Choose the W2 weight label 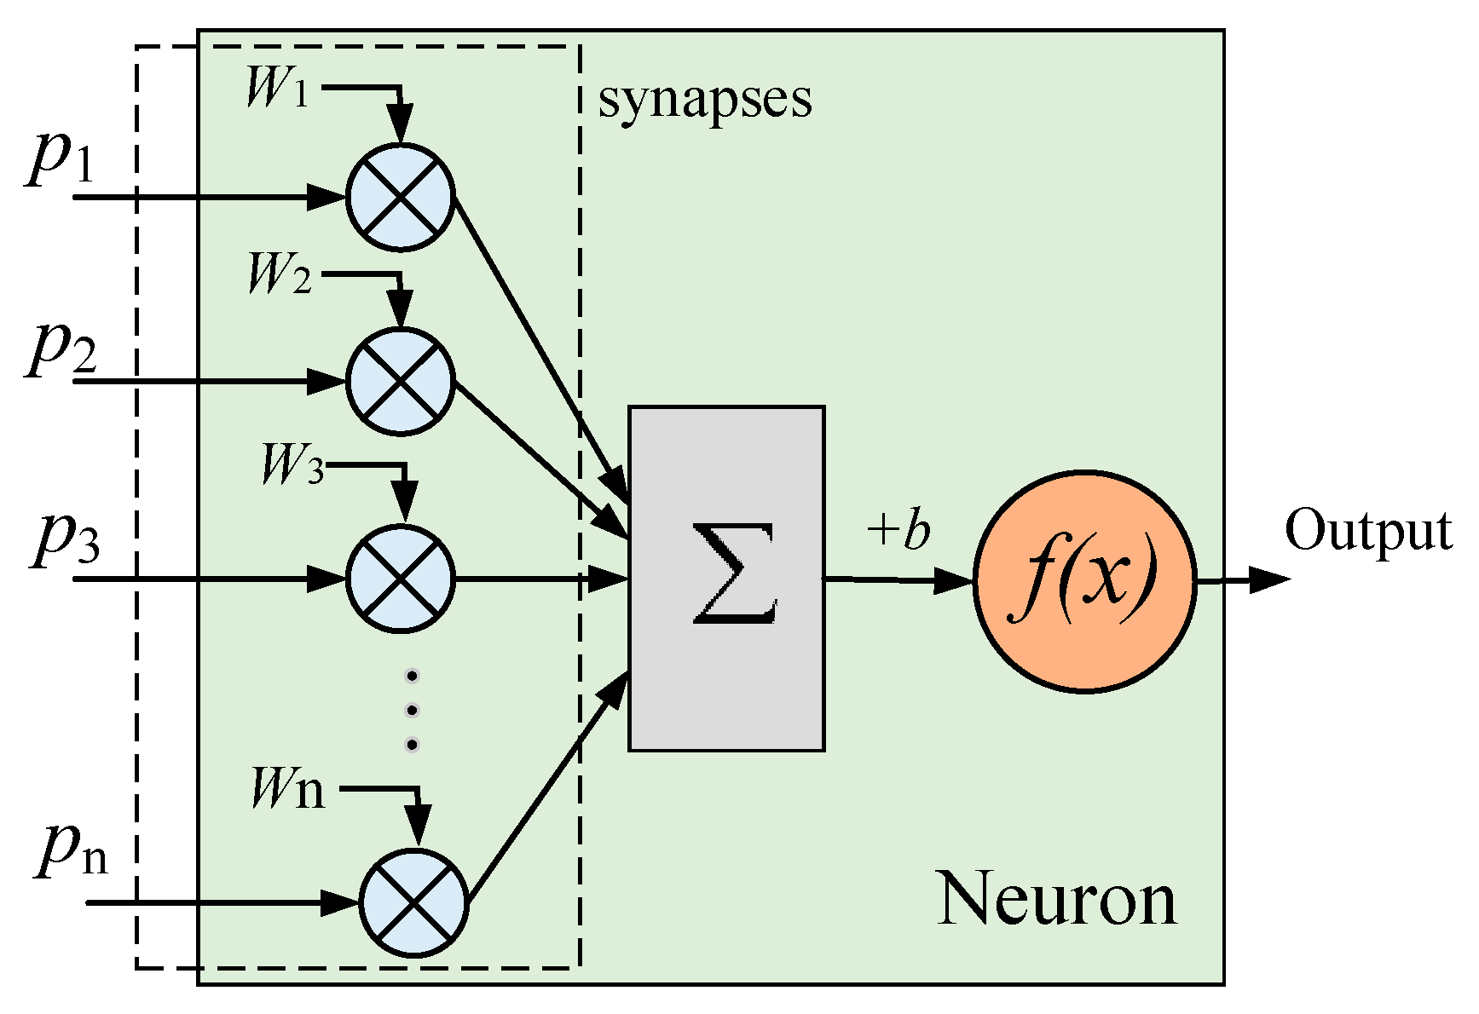(x=279, y=274)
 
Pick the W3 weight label (x=292, y=465)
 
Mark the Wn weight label (x=288, y=788)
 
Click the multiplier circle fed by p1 (x=401, y=198)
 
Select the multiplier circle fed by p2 (x=401, y=382)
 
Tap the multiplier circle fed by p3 (x=401, y=579)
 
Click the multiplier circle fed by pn (x=414, y=903)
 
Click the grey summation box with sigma (x=726, y=579)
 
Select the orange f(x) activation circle (x=1084, y=582)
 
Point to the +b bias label (x=898, y=530)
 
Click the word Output (x=1367, y=531)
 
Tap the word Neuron (x=1057, y=898)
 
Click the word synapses (x=705, y=101)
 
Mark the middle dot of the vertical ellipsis (x=413, y=710)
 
